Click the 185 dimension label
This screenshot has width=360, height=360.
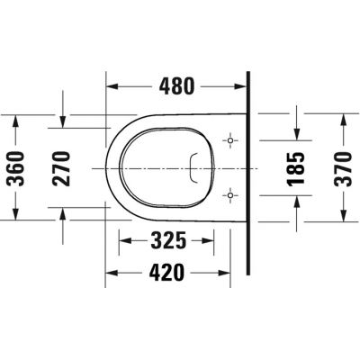pos(299,168)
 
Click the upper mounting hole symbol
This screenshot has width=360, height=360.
pos(232,142)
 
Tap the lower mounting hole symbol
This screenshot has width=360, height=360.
pos(232,193)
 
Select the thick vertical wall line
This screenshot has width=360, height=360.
pos(247,171)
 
